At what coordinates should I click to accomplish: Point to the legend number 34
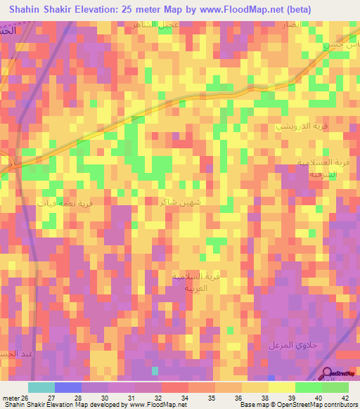(185, 397)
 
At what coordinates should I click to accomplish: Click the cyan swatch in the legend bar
(41, 387)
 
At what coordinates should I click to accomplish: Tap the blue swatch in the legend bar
(68, 387)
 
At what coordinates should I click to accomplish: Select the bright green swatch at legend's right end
(335, 387)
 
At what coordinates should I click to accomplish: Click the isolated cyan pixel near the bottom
(155, 370)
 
